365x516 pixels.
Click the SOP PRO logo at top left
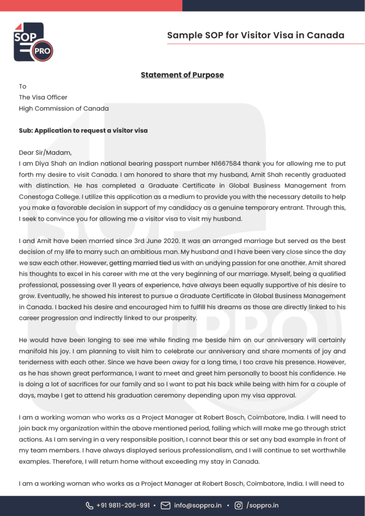coord(33,42)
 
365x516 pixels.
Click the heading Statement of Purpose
coord(182,75)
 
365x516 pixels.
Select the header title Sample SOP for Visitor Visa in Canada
coord(256,35)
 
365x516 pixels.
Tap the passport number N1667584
coord(227,164)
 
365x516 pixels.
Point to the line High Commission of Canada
coord(64,108)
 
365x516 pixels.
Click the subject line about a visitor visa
coord(83,131)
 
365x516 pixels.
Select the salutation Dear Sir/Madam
coord(45,153)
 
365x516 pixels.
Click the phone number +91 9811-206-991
coord(123,505)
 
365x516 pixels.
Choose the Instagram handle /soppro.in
coord(262,505)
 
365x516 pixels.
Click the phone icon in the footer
coord(90,505)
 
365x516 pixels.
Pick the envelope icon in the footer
coord(166,505)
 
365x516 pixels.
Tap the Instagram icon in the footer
coord(238,505)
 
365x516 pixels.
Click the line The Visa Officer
coord(43,97)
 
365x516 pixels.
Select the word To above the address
coord(23,86)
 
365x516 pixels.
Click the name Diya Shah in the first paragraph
coord(46,164)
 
